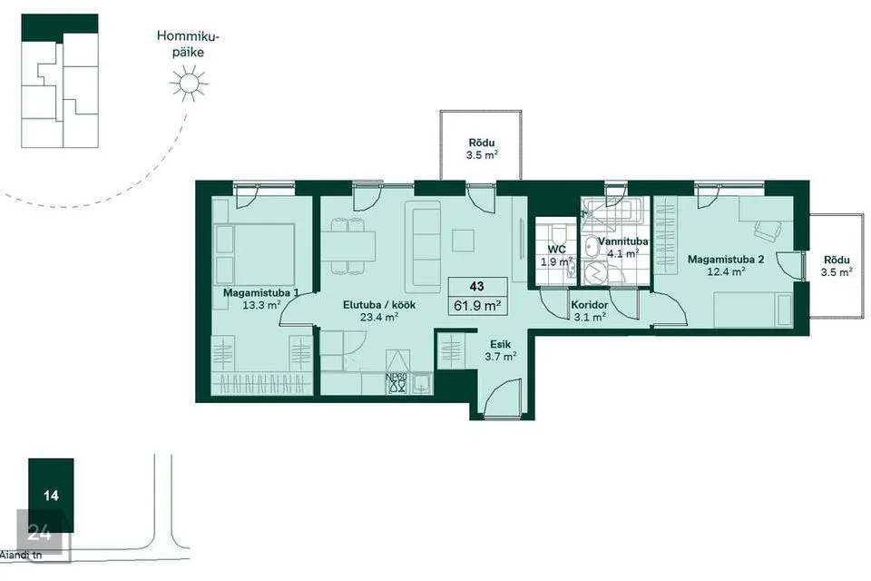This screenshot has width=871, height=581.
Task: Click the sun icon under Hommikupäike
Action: (x=189, y=84)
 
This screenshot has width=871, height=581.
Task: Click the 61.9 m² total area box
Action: (x=478, y=305)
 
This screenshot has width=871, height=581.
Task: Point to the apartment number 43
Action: (x=476, y=286)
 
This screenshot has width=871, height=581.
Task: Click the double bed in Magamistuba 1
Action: (x=254, y=254)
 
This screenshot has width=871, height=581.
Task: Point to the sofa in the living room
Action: (x=424, y=246)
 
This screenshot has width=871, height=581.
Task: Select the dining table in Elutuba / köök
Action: (x=348, y=246)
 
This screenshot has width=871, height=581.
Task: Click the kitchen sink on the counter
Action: (x=422, y=382)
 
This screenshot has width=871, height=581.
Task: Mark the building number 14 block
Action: (x=51, y=495)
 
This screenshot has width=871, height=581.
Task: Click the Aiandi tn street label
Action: (x=21, y=555)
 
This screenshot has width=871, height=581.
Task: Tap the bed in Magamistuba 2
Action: (x=753, y=310)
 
